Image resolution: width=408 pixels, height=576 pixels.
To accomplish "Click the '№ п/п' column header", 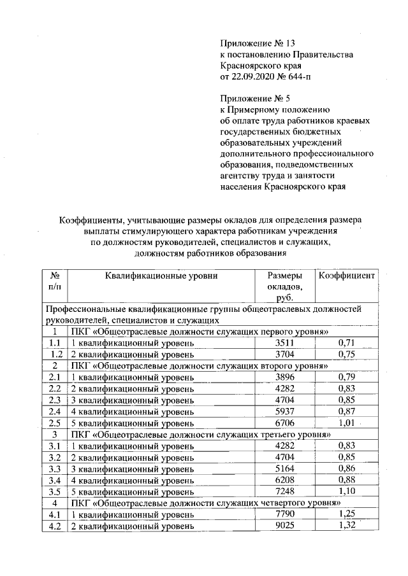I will coord(54,281).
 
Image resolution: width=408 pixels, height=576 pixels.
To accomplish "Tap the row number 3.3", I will coord(54,469).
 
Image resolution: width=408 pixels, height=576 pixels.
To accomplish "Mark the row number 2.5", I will coord(54,423).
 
